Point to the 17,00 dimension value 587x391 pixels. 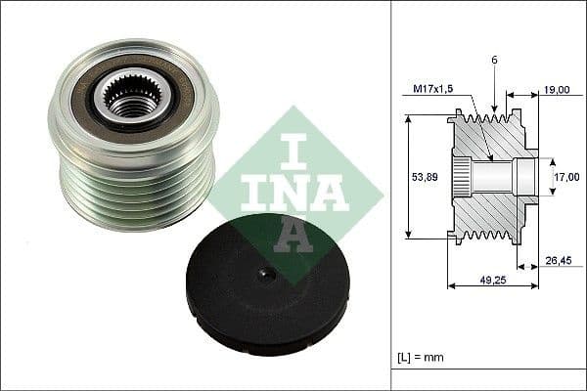coord(565,178)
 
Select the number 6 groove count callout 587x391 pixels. coord(494,61)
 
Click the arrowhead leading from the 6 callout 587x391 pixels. coord(494,109)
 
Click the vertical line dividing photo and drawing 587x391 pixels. coord(392,195)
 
